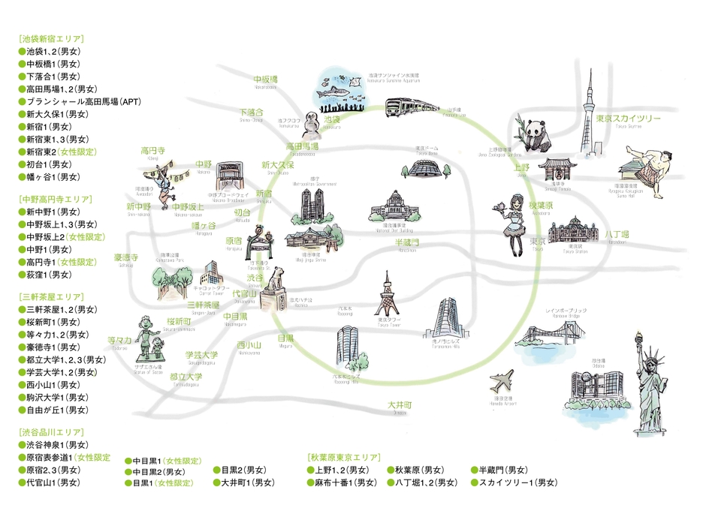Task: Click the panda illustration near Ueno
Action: (536, 137)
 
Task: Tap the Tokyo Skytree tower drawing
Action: (587, 128)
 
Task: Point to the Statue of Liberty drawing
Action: (647, 386)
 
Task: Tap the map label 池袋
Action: (332, 119)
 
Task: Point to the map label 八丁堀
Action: (617, 235)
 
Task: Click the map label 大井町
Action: (399, 405)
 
